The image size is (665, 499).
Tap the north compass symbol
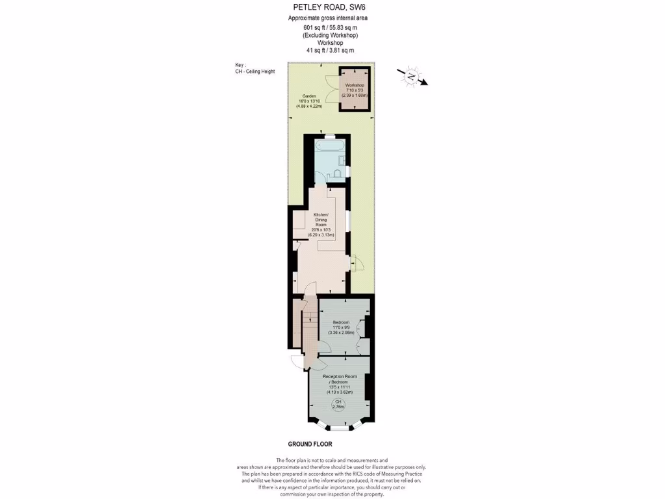pyautogui.click(x=412, y=76)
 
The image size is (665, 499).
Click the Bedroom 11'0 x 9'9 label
pyautogui.click(x=341, y=327)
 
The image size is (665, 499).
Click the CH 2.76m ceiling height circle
pyautogui.click(x=338, y=405)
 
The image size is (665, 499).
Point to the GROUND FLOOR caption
pyautogui.click(x=310, y=444)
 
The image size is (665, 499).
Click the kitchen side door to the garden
pyautogui.click(x=356, y=264)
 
